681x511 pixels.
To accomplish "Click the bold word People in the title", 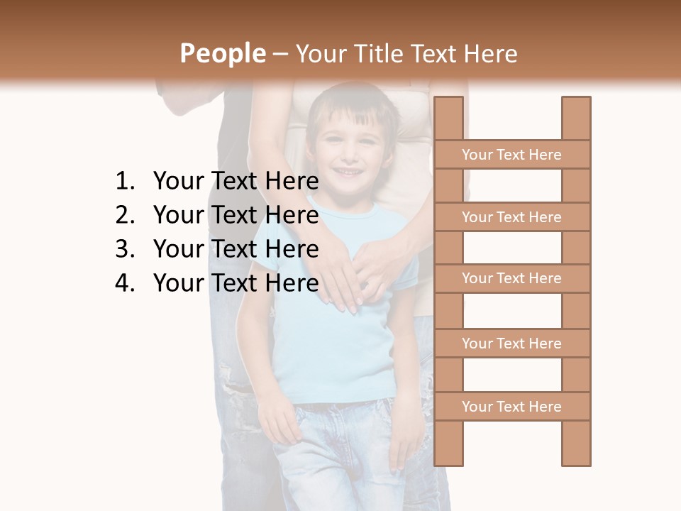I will tap(222, 53).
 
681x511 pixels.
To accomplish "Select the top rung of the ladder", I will tap(511, 155).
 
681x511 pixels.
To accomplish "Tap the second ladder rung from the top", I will tap(511, 217).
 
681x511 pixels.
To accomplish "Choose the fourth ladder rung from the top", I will tap(511, 344).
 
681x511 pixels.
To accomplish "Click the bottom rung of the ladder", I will tap(511, 407).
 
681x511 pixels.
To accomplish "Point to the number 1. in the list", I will tap(124, 182).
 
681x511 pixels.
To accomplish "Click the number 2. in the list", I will tap(124, 215).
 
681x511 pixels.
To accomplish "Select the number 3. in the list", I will tap(124, 249).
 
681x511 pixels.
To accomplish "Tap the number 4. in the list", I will tap(124, 283).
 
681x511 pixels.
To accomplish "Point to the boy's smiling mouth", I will tap(348, 172).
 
